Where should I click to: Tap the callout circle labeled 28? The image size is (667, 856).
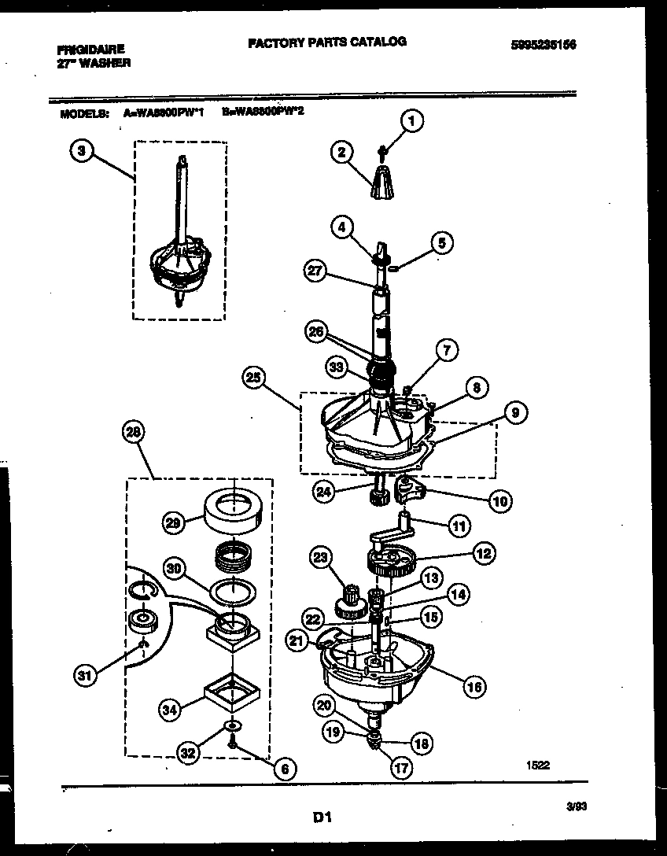pyautogui.click(x=135, y=431)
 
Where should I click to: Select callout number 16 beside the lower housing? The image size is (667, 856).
pyautogui.click(x=474, y=688)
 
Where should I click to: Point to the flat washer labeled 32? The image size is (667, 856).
pyautogui.click(x=234, y=725)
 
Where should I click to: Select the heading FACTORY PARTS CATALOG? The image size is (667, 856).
pyautogui.click(x=327, y=42)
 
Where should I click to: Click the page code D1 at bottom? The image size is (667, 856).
pyautogui.click(x=322, y=818)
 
